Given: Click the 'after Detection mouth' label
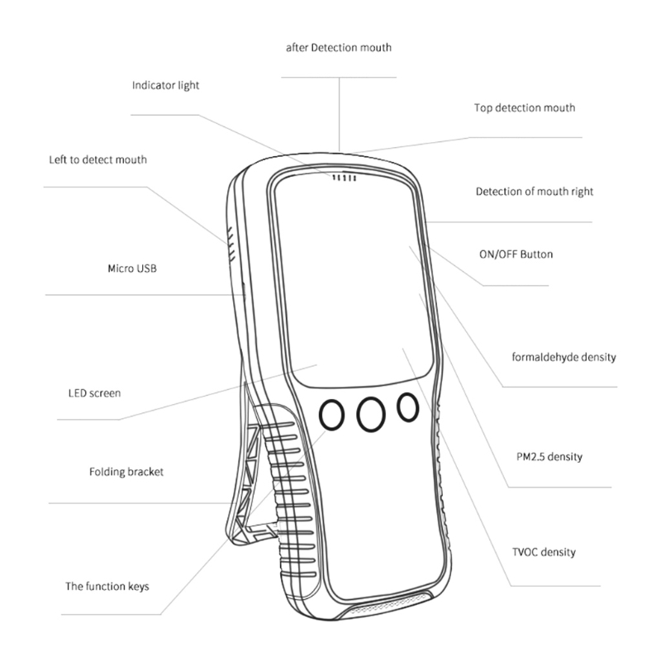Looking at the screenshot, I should (339, 48).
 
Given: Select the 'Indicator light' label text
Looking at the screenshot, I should (165, 85).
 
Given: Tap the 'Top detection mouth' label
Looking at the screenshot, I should (525, 108).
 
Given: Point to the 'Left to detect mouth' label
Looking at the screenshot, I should (97, 159).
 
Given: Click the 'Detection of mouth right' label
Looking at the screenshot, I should (535, 192).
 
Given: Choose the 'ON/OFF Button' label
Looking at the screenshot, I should (516, 254).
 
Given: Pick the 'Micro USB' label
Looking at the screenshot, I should (132, 269).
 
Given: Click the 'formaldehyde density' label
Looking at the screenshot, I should (564, 358).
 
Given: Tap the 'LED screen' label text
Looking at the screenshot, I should (94, 393).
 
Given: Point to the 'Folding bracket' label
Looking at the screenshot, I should (126, 472).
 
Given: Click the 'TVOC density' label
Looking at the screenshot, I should (544, 552).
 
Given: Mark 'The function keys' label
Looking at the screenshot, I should (107, 587).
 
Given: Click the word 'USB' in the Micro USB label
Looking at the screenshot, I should (145, 269).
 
